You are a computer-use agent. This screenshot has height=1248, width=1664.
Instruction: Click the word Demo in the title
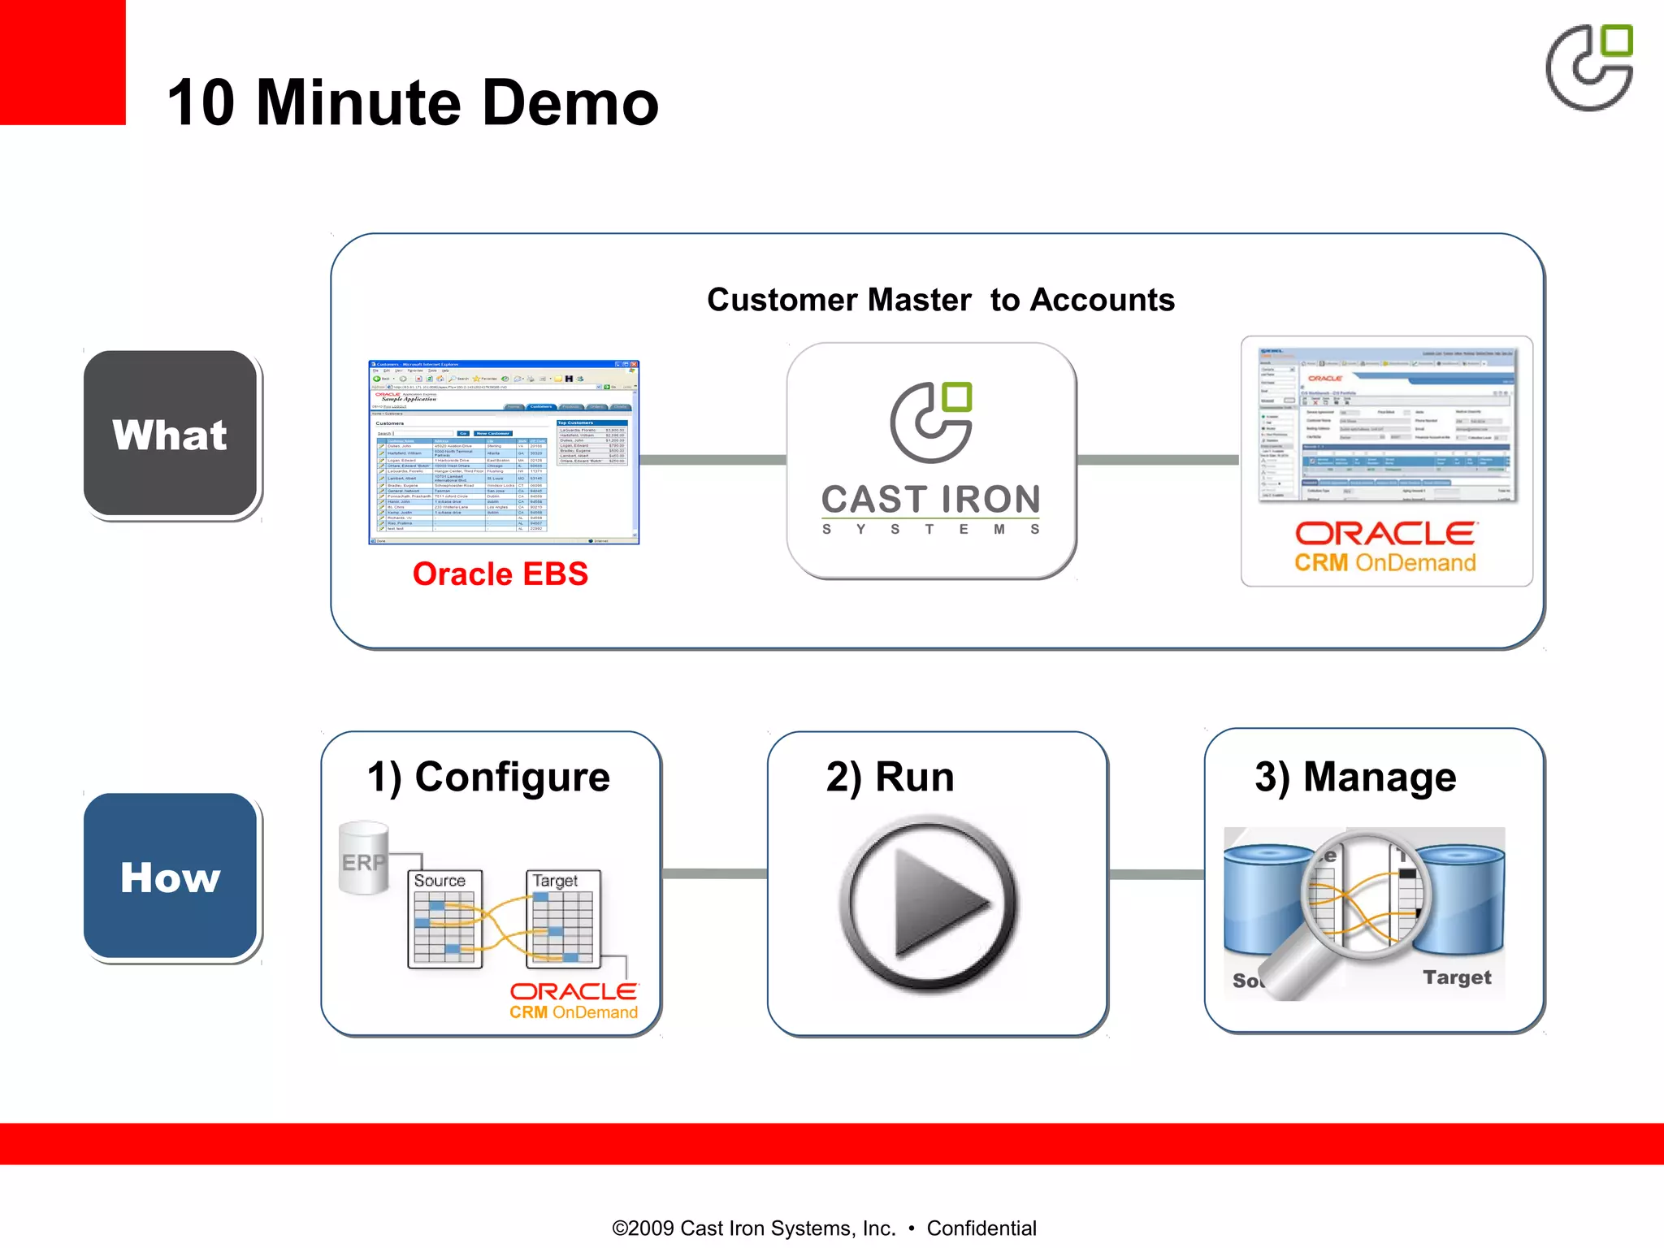coord(570,103)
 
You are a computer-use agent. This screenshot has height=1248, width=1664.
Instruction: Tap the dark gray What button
coord(171,435)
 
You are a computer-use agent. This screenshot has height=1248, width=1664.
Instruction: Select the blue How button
coord(171,877)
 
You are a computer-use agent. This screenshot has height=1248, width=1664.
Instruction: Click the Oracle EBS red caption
coord(500,574)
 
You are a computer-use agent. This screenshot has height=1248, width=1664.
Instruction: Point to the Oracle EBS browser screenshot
coord(504,452)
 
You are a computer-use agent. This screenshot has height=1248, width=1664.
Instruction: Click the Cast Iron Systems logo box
coord(931,460)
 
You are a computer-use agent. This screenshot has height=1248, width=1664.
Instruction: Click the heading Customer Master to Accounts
coord(940,300)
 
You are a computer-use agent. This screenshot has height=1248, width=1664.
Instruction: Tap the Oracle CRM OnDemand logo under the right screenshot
coord(1385,547)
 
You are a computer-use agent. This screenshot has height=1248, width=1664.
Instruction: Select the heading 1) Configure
coord(488,777)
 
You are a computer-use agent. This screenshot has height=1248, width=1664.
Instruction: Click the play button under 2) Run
coord(929,904)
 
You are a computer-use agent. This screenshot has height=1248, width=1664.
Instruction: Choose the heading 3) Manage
coord(1355,777)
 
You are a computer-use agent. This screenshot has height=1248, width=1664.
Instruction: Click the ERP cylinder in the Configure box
coord(363,858)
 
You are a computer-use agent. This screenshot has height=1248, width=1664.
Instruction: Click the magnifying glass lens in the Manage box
coord(1365,894)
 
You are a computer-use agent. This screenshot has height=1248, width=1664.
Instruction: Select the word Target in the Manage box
coord(1457,977)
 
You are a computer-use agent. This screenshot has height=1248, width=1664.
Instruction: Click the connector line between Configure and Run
coord(714,873)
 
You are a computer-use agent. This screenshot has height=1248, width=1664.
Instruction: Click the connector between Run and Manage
coord(1156,874)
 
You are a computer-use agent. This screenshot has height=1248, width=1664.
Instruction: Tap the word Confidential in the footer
coord(981,1228)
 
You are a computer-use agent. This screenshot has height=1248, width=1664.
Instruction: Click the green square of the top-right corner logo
coord(1617,41)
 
